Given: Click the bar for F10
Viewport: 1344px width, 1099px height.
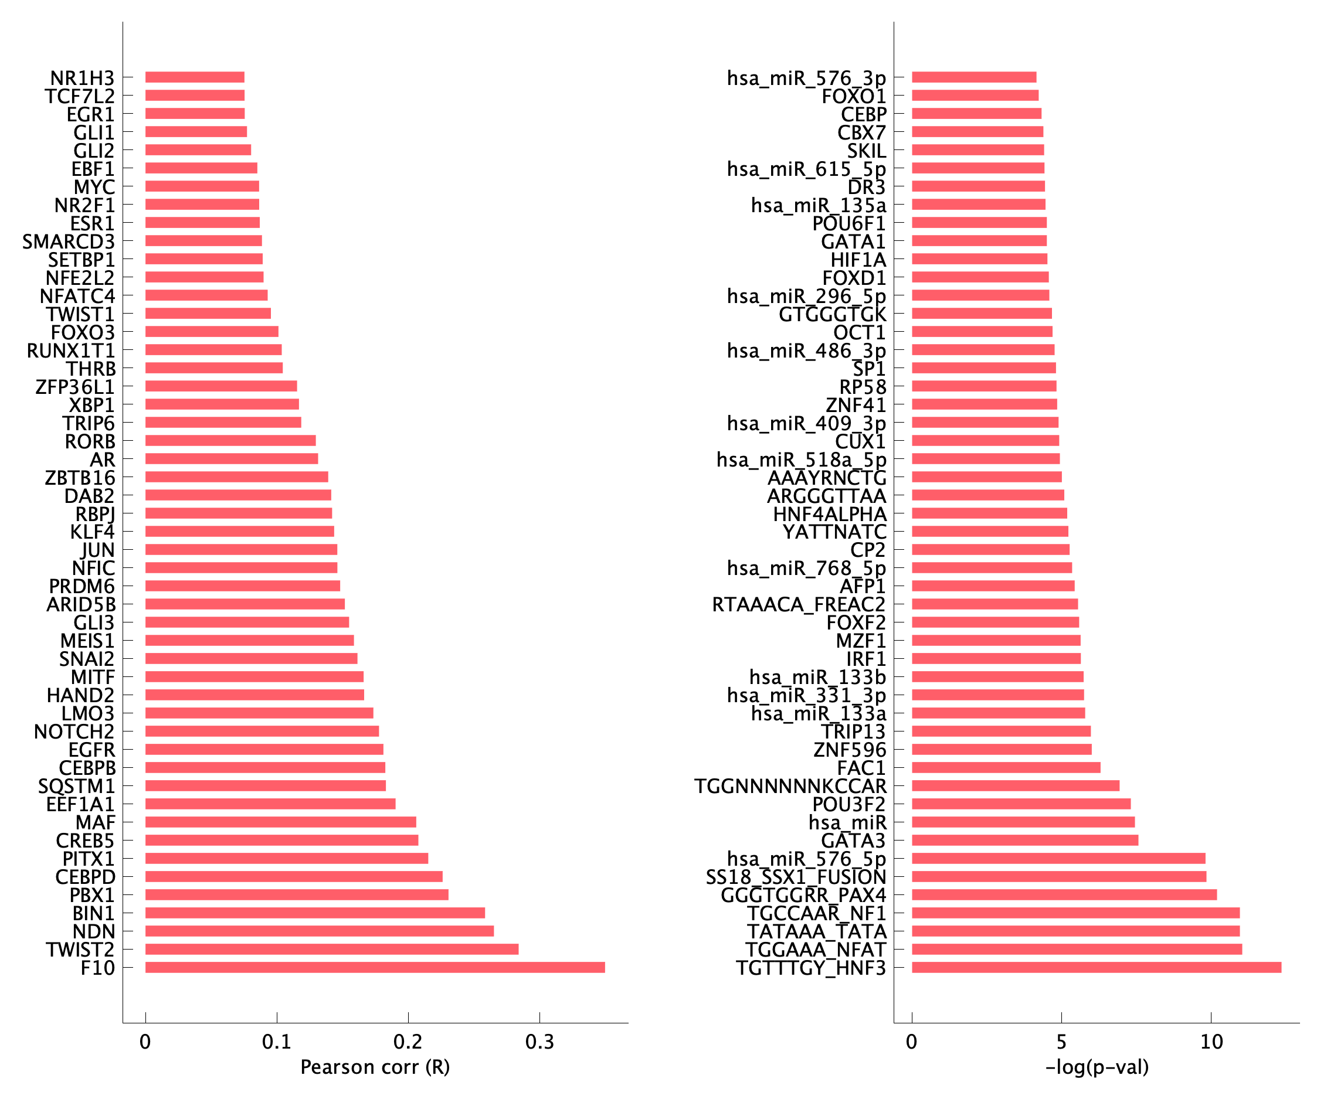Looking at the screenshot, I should click(375, 967).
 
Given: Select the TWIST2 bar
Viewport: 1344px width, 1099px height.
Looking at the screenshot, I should click(332, 949).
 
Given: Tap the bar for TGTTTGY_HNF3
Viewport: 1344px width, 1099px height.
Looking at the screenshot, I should click(1097, 967).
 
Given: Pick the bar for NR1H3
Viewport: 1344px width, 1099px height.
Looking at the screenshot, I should click(195, 77).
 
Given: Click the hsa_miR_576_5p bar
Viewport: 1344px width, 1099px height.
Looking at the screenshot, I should click(1058, 859).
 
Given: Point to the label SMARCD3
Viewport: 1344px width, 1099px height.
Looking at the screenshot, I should click(69, 242).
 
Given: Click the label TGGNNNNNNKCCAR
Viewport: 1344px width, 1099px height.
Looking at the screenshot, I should click(790, 786).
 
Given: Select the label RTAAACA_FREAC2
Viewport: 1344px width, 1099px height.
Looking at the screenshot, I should click(799, 604).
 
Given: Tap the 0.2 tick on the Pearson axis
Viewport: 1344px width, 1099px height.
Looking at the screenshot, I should click(408, 1043).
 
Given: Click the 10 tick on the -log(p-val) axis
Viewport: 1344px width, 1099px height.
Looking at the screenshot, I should click(1211, 1043).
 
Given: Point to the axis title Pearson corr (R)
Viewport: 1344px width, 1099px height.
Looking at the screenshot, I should click(375, 1068).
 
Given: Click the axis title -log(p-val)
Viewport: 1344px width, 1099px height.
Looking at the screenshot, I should click(1097, 1068).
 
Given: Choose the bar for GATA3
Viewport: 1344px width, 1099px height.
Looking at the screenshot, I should click(1025, 840).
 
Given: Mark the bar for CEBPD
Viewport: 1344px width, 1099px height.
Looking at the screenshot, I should click(294, 877).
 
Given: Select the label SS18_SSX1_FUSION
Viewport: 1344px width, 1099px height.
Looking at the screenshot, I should click(796, 877).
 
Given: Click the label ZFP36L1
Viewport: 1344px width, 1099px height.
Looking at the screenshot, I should click(74, 387).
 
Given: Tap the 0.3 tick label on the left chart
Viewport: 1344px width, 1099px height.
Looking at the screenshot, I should click(539, 1043).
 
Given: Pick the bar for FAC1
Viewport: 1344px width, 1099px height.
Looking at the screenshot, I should click(1006, 767).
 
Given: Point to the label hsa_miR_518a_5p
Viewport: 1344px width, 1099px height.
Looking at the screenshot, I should click(801, 460).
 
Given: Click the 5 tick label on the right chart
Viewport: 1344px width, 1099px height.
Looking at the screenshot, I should click(1061, 1043).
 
